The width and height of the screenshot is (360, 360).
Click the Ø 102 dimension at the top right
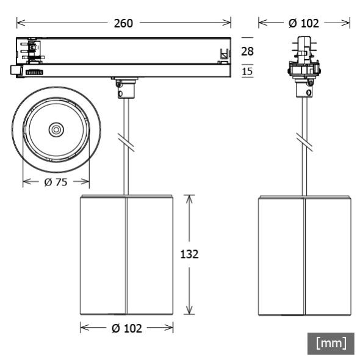tap(303, 23)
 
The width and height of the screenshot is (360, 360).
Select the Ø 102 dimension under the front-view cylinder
tap(126, 328)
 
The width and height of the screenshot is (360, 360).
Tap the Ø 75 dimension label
tap(56, 182)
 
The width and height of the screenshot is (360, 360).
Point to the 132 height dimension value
tap(190, 254)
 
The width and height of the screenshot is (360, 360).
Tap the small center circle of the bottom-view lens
tap(56, 129)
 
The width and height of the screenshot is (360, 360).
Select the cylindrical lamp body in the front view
tap(126, 255)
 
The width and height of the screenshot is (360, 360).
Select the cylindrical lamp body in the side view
tap(304, 255)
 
